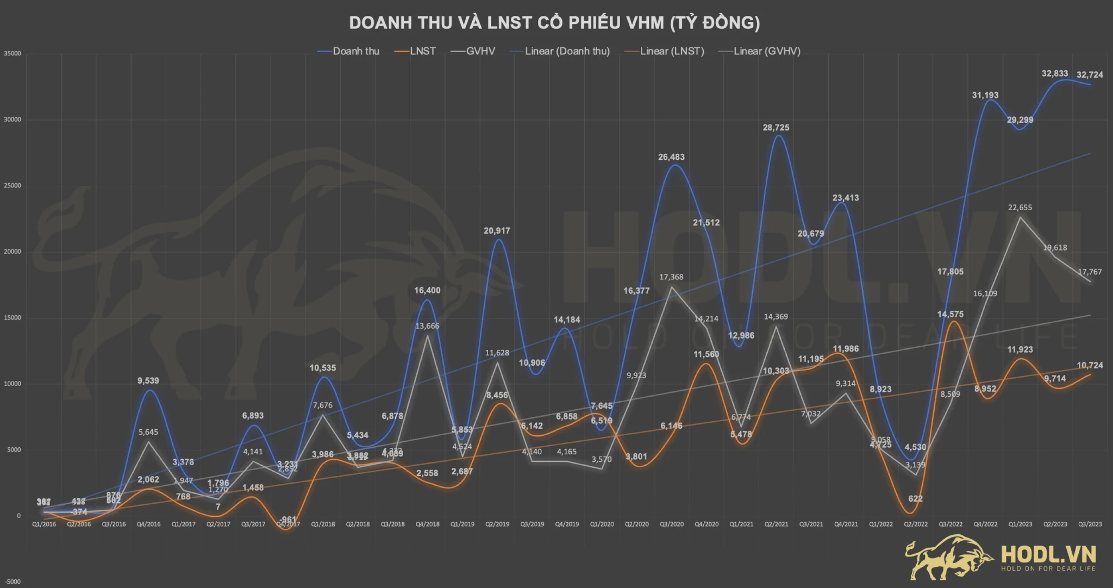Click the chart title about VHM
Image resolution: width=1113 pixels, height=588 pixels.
(x=554, y=23)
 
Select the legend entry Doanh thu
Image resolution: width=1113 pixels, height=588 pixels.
(x=355, y=51)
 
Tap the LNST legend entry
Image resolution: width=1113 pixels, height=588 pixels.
(x=422, y=51)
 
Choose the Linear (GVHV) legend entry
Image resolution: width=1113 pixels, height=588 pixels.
(x=766, y=51)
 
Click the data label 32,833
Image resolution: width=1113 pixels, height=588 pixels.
(x=1054, y=73)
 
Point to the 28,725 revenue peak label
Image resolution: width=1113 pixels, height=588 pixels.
(x=776, y=128)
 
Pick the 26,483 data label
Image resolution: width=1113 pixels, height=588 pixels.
(x=671, y=157)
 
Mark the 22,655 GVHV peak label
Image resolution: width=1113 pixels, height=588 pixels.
(x=1020, y=208)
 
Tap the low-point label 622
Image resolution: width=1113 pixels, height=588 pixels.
(x=915, y=498)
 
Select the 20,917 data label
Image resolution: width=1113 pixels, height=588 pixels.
(x=497, y=231)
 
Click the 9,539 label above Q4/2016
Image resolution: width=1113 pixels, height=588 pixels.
(x=148, y=381)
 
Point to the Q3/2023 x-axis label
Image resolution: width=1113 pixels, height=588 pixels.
(x=1090, y=524)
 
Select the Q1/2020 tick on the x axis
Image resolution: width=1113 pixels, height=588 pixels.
(x=602, y=524)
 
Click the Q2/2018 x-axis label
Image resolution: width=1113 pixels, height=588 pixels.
(x=358, y=524)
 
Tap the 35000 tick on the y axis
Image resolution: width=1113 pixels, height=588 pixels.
(x=12, y=54)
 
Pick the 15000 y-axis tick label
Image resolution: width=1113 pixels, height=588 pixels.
(x=12, y=318)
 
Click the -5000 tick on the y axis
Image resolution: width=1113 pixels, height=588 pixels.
(x=12, y=582)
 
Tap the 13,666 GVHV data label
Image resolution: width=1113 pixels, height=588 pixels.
(x=427, y=326)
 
